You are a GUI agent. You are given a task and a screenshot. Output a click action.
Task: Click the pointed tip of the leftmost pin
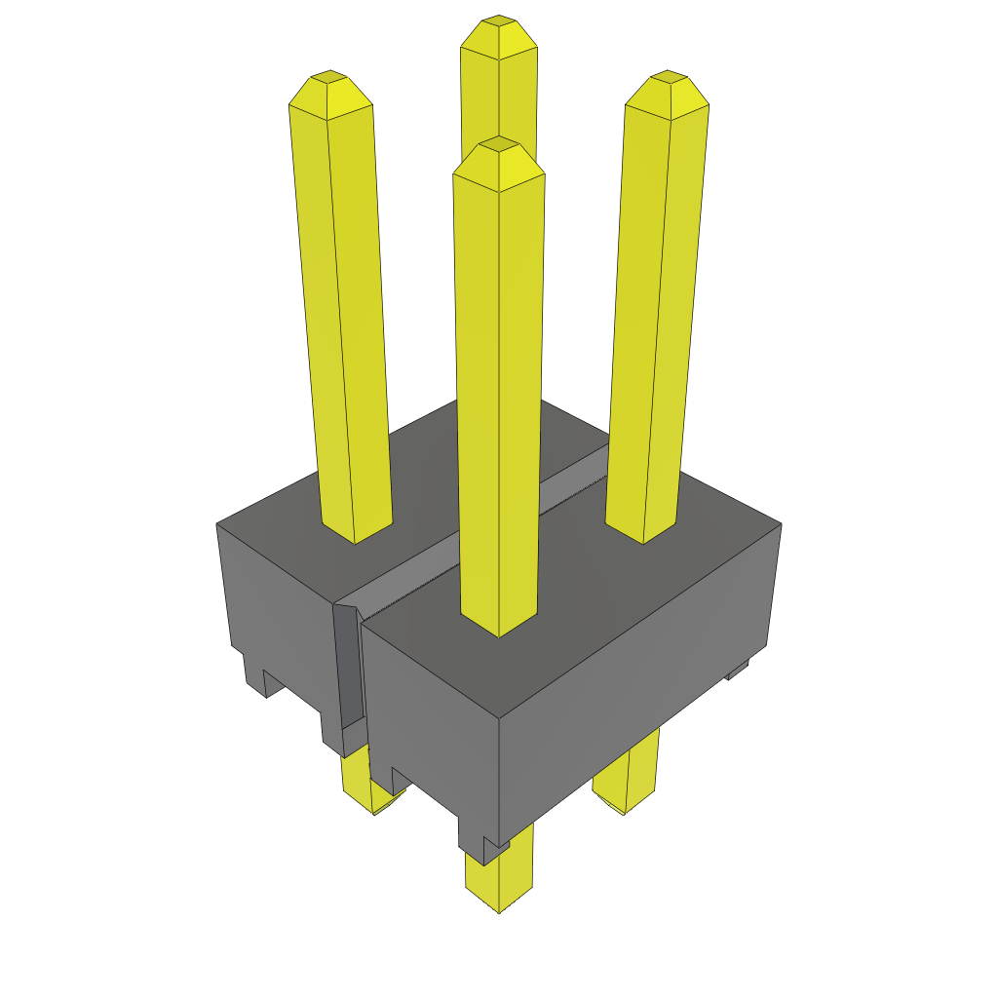[329, 78]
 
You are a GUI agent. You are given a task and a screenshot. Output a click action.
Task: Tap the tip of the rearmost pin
[499, 22]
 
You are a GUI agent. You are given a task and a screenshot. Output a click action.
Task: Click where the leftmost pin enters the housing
[357, 531]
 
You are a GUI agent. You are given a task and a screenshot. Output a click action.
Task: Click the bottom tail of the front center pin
[499, 882]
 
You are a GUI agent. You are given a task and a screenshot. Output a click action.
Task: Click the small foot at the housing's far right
[739, 671]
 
